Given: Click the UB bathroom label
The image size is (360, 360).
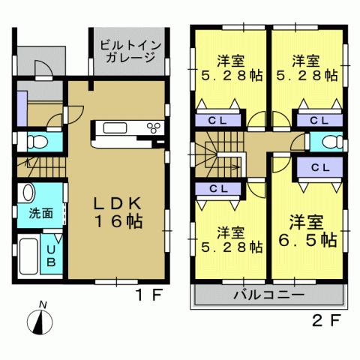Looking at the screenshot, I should coord(51,256).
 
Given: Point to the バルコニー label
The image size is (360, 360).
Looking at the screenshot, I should coord(268,294).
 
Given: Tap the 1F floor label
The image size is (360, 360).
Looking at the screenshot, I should coord(147,294).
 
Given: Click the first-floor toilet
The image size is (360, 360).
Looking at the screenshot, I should coord(37,140).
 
